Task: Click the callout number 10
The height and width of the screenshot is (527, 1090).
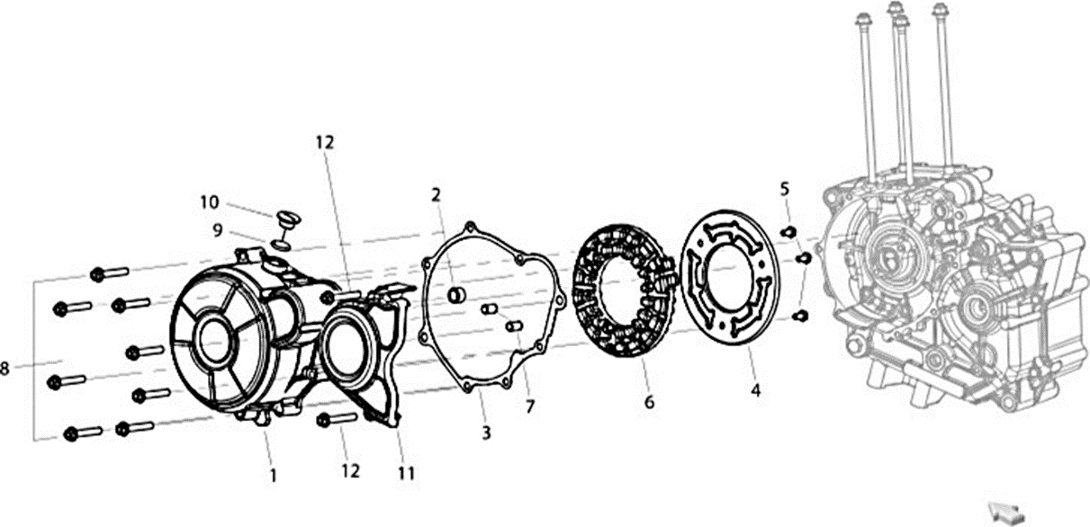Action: click(210, 202)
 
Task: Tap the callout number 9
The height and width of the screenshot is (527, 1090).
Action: click(218, 230)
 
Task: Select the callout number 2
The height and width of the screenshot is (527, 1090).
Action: click(436, 195)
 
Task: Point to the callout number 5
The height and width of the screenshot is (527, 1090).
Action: click(784, 189)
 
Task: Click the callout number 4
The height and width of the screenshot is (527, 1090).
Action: click(756, 390)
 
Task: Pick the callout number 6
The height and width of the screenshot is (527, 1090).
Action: click(650, 402)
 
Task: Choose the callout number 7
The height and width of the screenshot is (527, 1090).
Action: click(530, 406)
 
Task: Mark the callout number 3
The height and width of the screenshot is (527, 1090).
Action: click(486, 433)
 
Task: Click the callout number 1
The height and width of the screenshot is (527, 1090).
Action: click(274, 476)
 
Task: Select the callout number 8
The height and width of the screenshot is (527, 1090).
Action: click(5, 369)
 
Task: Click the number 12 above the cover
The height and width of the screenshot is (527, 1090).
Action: click(325, 142)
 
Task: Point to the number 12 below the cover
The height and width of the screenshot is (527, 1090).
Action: click(350, 470)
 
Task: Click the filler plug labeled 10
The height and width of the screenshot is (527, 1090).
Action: click(289, 223)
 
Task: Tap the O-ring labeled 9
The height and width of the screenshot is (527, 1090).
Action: click(281, 245)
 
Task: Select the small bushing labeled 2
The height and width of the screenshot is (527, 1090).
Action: click(456, 295)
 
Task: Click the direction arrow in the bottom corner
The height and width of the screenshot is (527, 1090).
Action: click(1005, 513)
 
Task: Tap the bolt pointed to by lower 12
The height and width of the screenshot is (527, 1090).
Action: click(337, 418)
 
